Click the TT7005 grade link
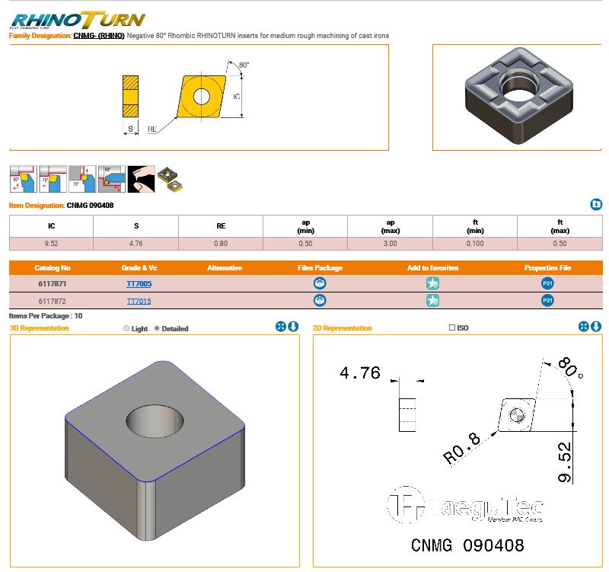click(139, 284)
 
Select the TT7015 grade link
click(139, 301)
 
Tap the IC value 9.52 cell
click(51, 244)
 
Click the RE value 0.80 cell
click(221, 244)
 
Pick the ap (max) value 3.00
click(390, 244)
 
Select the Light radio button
click(126, 329)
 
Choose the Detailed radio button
click(157, 329)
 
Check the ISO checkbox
click(452, 328)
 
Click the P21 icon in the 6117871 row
click(547, 283)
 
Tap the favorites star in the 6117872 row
click(432, 301)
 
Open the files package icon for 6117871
click(320, 283)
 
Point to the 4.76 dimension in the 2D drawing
click(359, 374)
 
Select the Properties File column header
click(547, 268)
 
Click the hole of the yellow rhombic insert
click(201, 96)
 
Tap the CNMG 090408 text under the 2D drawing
click(467, 545)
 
